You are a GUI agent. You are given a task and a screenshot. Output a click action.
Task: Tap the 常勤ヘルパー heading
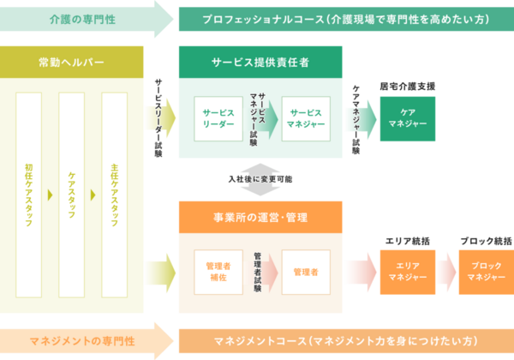[74, 63]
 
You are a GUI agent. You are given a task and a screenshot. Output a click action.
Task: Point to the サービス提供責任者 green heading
[260, 63]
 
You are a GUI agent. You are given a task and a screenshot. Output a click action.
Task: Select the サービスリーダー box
[218, 118]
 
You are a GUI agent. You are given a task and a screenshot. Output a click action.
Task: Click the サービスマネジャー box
[306, 118]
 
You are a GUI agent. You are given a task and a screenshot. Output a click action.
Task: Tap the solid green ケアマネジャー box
[407, 118]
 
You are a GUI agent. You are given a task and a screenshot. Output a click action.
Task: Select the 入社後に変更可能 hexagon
[260, 180]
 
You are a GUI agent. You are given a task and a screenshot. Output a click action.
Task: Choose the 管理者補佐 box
[218, 272]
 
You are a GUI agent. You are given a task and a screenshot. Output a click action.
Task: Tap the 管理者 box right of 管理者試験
[306, 272]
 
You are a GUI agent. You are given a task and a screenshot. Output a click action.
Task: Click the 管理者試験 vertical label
[258, 272]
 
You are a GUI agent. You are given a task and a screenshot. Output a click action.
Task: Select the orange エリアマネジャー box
[407, 272]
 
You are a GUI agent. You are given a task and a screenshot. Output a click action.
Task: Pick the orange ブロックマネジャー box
[486, 272]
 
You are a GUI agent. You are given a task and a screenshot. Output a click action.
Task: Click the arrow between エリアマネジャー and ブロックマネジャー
[446, 272]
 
